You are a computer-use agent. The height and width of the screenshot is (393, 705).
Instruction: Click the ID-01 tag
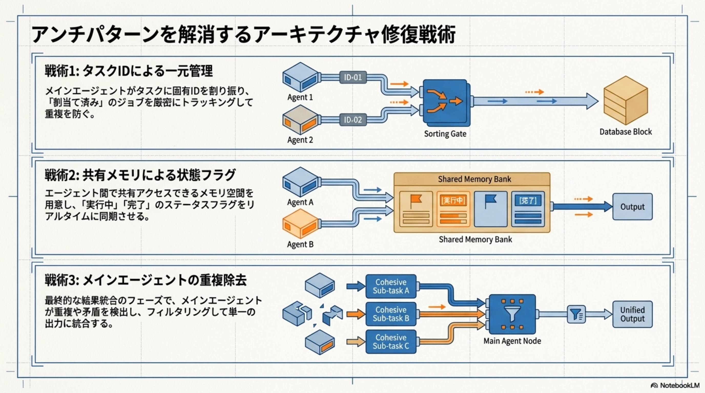353,77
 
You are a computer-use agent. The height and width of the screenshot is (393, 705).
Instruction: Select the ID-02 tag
353,120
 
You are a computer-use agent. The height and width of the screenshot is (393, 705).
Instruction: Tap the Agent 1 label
300,97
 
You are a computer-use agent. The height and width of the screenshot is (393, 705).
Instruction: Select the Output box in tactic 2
632,207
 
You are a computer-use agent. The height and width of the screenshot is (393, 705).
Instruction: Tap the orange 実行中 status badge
453,201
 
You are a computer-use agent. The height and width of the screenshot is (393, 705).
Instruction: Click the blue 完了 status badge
528,201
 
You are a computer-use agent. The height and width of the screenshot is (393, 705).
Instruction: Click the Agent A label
300,202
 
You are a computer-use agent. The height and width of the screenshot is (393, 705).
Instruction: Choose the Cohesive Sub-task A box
391,286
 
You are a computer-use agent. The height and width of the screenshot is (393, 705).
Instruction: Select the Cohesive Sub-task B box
391,314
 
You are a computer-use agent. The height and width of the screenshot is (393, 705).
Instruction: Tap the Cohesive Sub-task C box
391,342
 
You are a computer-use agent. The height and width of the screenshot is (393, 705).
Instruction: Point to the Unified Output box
632,314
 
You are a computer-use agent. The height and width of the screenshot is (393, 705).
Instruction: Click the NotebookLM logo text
680,386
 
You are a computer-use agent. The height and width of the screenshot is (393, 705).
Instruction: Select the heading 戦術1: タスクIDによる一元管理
129,71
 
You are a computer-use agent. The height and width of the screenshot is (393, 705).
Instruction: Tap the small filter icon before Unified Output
576,314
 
